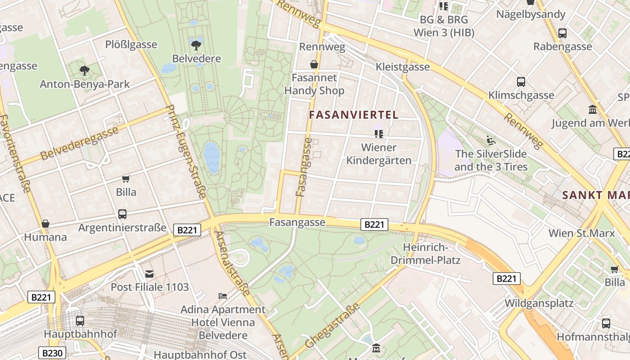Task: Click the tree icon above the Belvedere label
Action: (x=196, y=45)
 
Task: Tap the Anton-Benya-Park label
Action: (x=85, y=84)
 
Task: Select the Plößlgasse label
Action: (x=131, y=45)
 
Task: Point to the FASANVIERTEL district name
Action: (x=354, y=115)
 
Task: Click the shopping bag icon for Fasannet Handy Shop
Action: (x=314, y=65)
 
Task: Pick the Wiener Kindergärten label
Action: (x=379, y=154)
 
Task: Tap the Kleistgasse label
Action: (x=403, y=67)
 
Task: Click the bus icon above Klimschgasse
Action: (x=521, y=82)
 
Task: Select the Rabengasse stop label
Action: (x=562, y=47)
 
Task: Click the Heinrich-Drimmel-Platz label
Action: (x=425, y=254)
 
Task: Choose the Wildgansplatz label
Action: (x=539, y=303)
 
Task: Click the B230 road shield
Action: (x=52, y=353)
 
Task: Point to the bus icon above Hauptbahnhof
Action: (x=80, y=321)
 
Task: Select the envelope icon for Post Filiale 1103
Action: (x=149, y=274)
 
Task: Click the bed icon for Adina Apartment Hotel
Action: (x=223, y=296)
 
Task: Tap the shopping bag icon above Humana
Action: (x=45, y=224)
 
